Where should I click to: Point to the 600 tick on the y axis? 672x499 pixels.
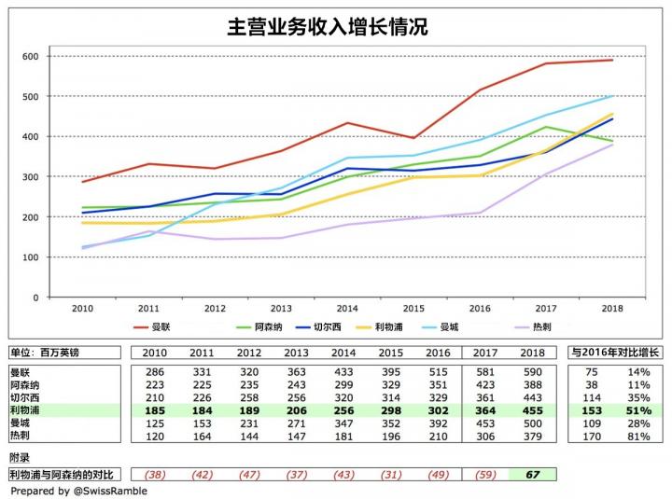30,57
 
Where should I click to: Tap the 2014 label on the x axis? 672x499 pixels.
347,308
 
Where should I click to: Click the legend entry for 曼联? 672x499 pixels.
170,327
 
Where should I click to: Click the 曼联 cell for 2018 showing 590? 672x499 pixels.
532,371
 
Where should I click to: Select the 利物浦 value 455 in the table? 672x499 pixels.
532,409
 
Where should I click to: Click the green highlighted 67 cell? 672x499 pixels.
532,474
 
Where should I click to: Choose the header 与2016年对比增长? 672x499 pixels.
614,352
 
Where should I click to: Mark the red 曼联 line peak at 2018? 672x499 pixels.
612,60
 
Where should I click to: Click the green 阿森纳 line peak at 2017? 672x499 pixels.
546,127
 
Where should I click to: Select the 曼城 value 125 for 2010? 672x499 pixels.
154,423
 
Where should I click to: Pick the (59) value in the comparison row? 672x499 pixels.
485,474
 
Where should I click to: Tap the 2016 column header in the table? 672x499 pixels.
438,352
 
